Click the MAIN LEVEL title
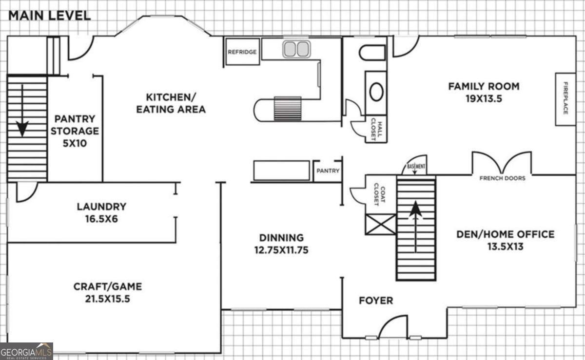click(x=50, y=16)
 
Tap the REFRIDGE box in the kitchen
click(x=243, y=52)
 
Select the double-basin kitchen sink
click(x=296, y=49)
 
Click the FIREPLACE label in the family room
click(x=565, y=98)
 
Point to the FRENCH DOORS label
click(x=503, y=178)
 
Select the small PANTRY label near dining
click(x=328, y=171)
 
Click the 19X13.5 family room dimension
click(x=484, y=99)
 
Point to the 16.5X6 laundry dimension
click(x=101, y=219)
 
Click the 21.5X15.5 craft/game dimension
click(x=108, y=299)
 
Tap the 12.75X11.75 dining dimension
click(x=282, y=250)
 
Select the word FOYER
click(x=376, y=301)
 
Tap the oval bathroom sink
click(x=376, y=92)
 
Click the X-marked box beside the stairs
click(x=381, y=224)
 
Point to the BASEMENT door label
click(x=416, y=166)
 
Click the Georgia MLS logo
click(x=26, y=351)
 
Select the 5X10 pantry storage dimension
click(x=75, y=143)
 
